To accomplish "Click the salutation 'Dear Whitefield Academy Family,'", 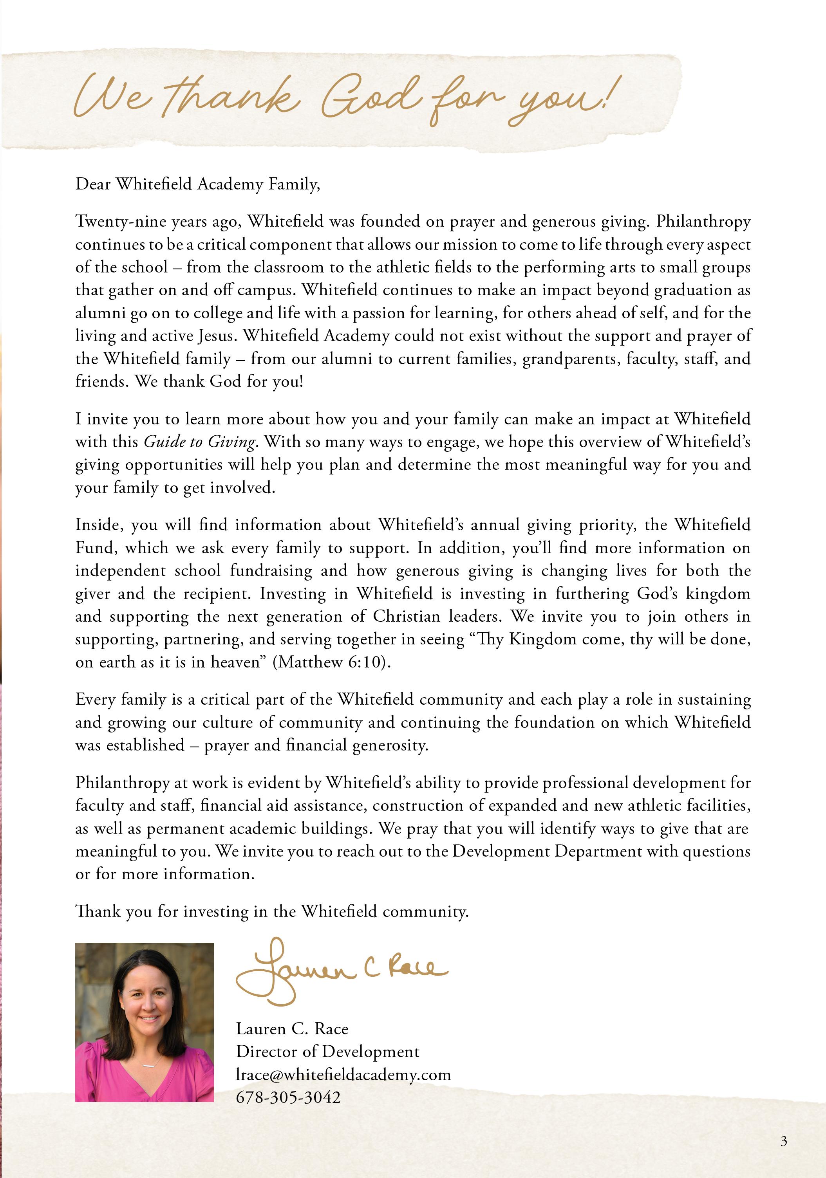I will tap(198, 184).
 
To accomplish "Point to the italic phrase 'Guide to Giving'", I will tap(200, 442).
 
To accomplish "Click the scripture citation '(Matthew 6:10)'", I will tap(331, 662).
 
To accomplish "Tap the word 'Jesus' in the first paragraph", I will tap(216, 336).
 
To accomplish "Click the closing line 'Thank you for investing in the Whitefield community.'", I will tap(272, 911).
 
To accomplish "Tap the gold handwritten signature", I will tap(339, 969).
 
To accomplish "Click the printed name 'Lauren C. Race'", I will tap(292, 1029).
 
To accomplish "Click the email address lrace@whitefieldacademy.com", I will tap(343, 1074).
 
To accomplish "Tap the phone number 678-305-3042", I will tap(288, 1097).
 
